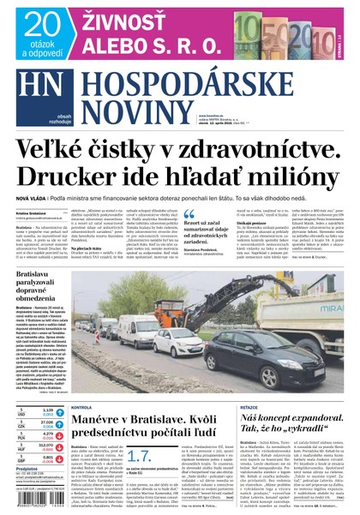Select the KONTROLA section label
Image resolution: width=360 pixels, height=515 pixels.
(83, 407)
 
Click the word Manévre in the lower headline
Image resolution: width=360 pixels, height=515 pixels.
(104, 423)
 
